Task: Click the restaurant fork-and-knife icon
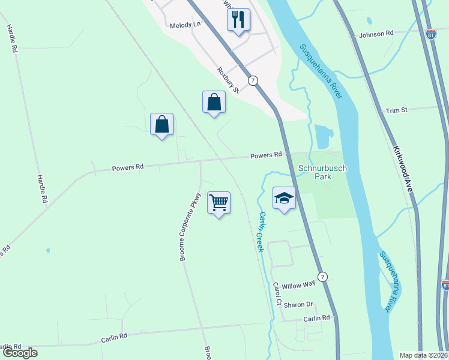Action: [x=238, y=19]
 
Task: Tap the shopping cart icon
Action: [x=219, y=203]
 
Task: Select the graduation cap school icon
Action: [x=285, y=199]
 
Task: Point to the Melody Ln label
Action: [x=184, y=25]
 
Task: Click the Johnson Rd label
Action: [x=376, y=34]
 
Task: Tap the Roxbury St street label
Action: [x=228, y=81]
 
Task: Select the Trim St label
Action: [x=397, y=110]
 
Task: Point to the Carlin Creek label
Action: [x=261, y=231]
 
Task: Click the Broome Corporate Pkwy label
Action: [x=190, y=227]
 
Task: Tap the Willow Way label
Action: [x=298, y=284]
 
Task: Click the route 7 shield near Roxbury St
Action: [x=254, y=80]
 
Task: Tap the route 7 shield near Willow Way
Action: [x=323, y=277]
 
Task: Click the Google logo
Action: [x=19, y=353]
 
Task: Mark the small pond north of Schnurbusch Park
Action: [x=324, y=136]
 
